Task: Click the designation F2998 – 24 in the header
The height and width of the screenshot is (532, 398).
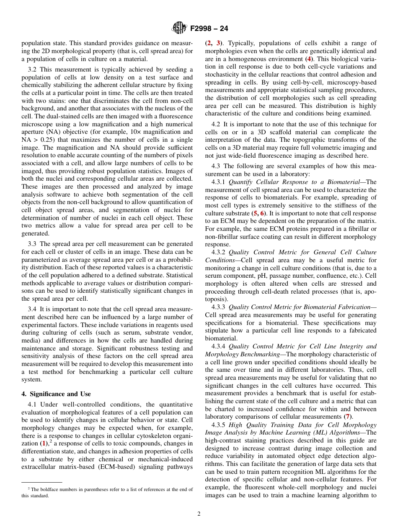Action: [209, 29]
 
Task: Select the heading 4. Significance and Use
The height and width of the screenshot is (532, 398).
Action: [56, 394]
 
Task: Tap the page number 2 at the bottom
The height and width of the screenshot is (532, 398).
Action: [199, 514]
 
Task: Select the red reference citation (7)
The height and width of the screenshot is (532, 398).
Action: [348, 417]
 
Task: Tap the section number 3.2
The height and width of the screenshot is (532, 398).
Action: [32, 69]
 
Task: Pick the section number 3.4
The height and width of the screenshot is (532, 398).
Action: [32, 309]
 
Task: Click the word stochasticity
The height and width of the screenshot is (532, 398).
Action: [222, 74]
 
